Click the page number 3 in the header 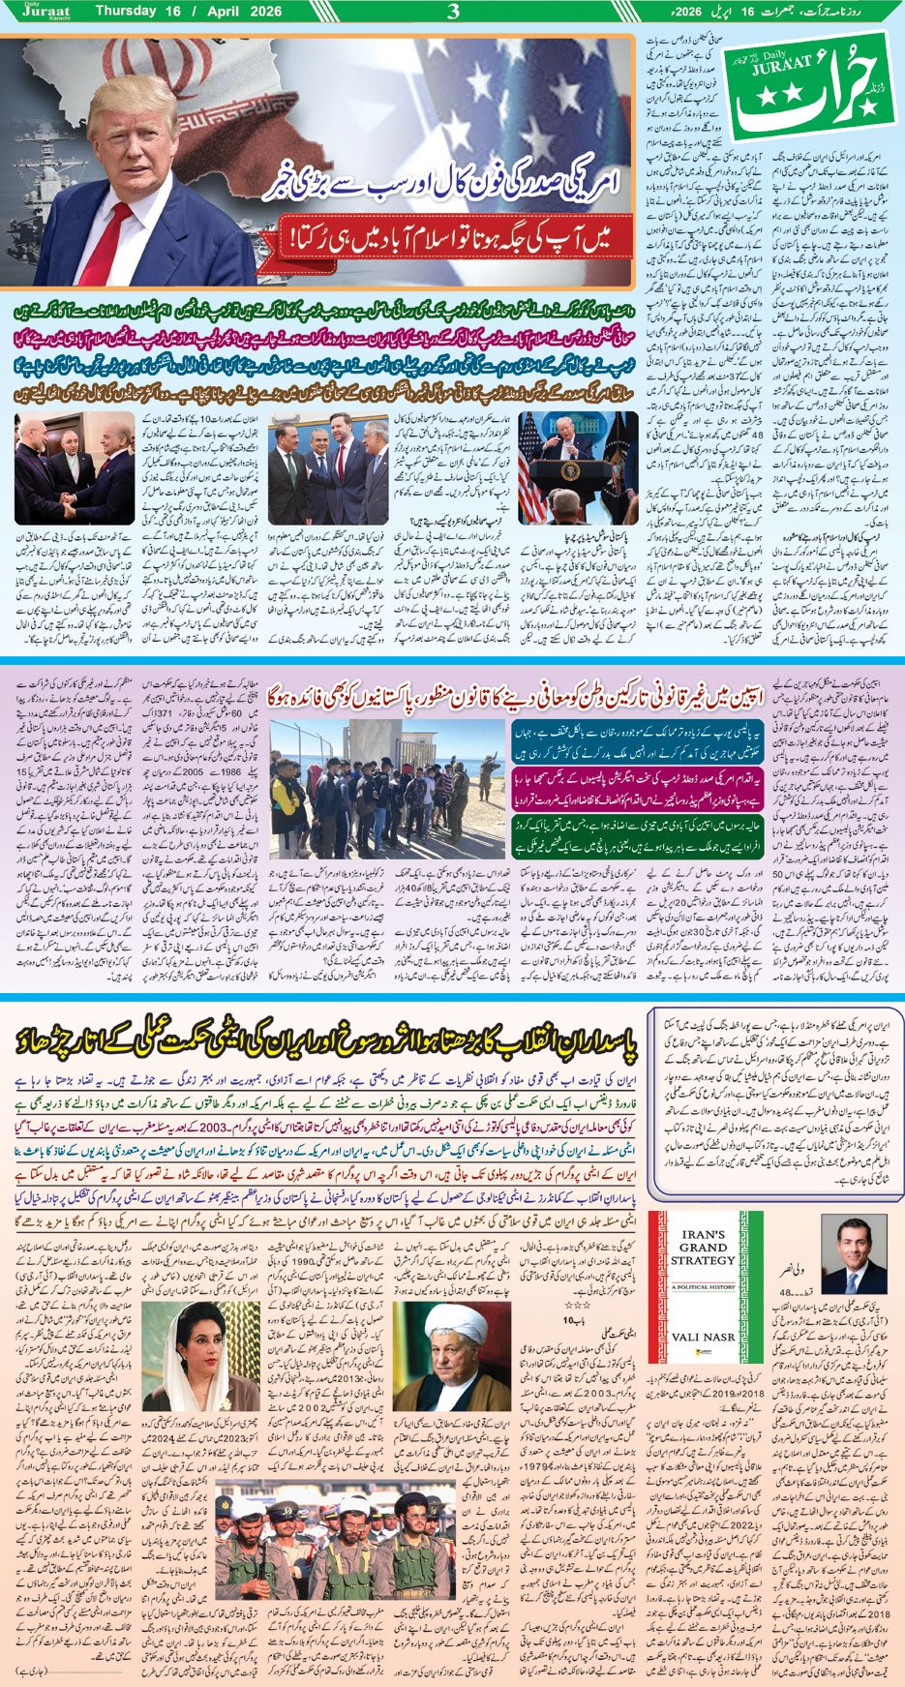pos(453,13)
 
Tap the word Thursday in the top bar pos(128,12)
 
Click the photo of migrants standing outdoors pos(384,783)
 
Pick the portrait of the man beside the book pos(854,1255)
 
